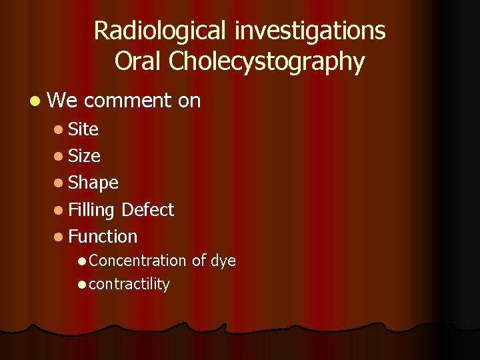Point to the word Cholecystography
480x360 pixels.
point(267,62)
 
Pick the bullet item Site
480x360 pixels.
point(83,129)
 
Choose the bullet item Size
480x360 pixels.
point(85,156)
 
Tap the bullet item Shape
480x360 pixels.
point(93,183)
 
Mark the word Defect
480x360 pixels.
point(148,210)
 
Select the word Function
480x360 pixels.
point(103,237)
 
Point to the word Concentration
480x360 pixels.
point(137,261)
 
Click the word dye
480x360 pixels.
point(223,261)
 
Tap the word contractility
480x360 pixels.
point(129,284)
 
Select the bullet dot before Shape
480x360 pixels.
point(60,183)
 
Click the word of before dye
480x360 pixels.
point(199,261)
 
